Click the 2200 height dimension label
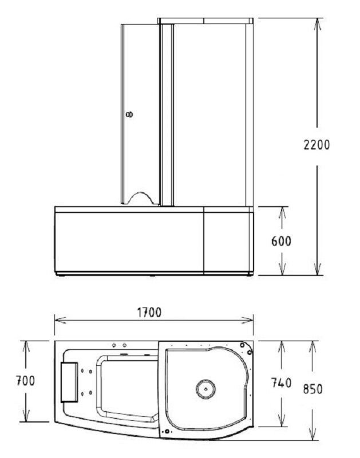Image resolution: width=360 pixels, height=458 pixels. (317, 145)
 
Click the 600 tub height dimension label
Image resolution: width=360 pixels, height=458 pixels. (281, 241)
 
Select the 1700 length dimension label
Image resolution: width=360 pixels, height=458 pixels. (149, 313)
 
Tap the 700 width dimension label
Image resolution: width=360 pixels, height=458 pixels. (25, 381)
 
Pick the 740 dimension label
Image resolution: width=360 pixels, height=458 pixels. (281, 382)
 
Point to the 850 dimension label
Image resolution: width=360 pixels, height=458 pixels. (312, 389)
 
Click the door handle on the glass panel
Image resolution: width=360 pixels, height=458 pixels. (129, 114)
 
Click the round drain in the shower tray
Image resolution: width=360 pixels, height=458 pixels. (205, 389)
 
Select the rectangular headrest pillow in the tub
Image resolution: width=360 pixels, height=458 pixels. (69, 382)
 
